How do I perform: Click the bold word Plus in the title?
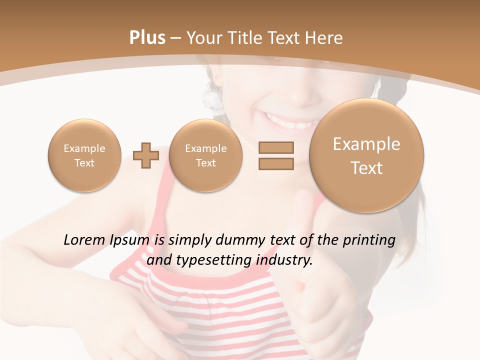[147, 38]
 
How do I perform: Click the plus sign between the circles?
[145, 155]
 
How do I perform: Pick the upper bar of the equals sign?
[276, 147]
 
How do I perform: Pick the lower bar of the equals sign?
[276, 164]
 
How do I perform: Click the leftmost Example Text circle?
[84, 155]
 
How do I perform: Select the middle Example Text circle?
[205, 155]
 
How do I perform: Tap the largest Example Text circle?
[366, 155]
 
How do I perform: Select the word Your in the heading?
[203, 38]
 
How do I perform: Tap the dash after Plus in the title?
[175, 38]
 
